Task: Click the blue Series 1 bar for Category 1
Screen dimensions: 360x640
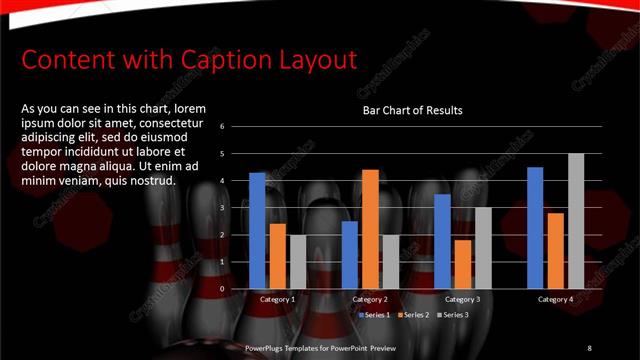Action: point(257,231)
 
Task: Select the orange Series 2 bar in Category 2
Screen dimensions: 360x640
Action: point(370,229)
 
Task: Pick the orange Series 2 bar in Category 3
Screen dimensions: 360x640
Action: point(462,264)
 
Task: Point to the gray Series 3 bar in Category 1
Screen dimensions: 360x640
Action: point(298,262)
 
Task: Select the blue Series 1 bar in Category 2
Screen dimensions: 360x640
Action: point(350,255)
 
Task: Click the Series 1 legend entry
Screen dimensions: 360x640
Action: point(375,314)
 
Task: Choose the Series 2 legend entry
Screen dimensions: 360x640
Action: point(413,314)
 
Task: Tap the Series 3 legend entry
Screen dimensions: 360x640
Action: point(451,314)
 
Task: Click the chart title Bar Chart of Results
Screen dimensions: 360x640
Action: point(412,110)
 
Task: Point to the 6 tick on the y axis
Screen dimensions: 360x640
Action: point(236,127)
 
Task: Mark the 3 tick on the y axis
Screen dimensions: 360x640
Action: point(236,208)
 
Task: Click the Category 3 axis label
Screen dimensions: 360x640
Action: point(462,299)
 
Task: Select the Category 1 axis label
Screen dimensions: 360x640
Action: point(277,299)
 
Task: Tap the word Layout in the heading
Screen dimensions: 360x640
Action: point(314,60)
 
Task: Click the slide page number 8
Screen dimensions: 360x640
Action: point(589,348)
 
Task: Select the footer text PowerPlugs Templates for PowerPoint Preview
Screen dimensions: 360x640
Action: point(320,348)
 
